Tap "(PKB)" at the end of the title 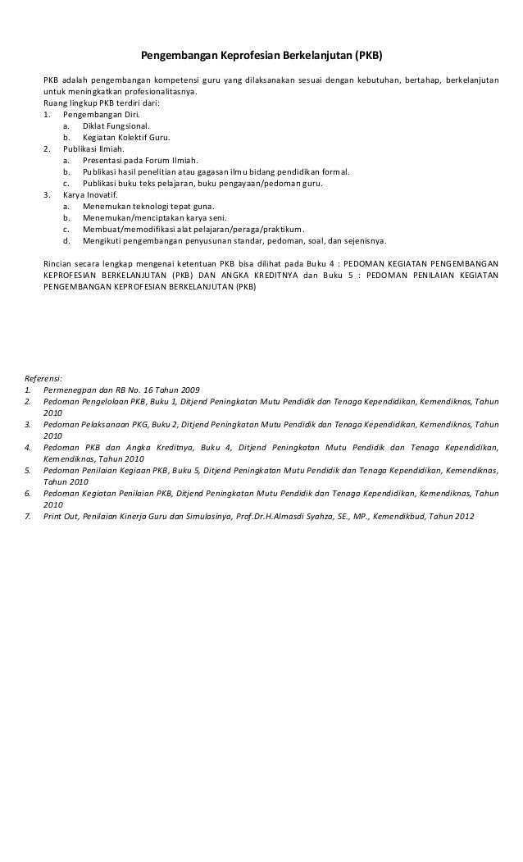click(368, 57)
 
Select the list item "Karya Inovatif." click(92, 195)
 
